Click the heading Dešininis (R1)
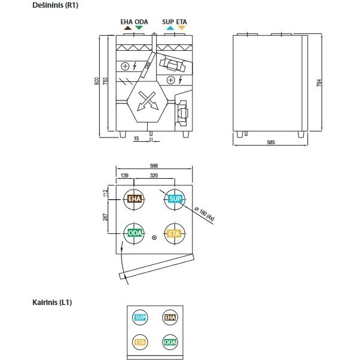pyautogui.click(x=56, y=5)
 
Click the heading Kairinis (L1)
pyautogui.click(x=52, y=302)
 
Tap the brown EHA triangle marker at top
pyautogui.click(x=127, y=28)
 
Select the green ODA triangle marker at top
pyautogui.click(x=139, y=28)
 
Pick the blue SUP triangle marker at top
pyautogui.click(x=170, y=28)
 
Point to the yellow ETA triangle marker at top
pyautogui.click(x=181, y=28)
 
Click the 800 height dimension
pyautogui.click(x=97, y=81)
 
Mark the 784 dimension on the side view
pyautogui.click(x=319, y=83)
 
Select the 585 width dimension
pyautogui.click(x=271, y=142)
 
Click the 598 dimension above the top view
pyautogui.click(x=154, y=166)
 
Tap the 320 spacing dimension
pyautogui.click(x=154, y=176)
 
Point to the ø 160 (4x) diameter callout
pyautogui.click(x=204, y=213)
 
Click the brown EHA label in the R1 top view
pyautogui.click(x=134, y=199)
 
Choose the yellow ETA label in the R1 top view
pyautogui.click(x=175, y=234)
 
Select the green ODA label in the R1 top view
pyautogui.click(x=134, y=233)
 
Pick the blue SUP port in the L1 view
pyautogui.click(x=140, y=318)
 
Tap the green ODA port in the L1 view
pyautogui.click(x=170, y=342)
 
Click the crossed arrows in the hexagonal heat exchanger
pyautogui.click(x=147, y=101)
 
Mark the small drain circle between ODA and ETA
pyautogui.click(x=154, y=237)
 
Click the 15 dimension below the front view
pyautogui.click(x=136, y=139)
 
